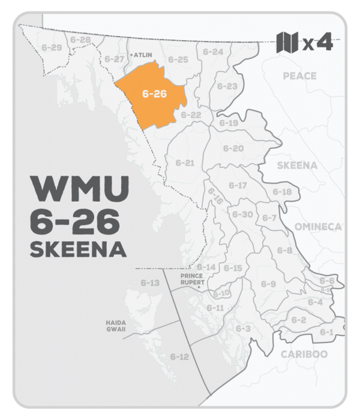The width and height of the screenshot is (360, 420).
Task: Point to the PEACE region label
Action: coord(298,76)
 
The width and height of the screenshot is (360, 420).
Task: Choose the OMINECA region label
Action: coord(317,226)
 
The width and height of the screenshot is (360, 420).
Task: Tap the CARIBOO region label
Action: coord(304,354)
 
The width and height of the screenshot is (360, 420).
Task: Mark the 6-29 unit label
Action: coord(47,46)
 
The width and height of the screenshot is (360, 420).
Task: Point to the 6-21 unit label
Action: coord(185,162)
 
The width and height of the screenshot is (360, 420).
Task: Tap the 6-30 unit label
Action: coord(242,214)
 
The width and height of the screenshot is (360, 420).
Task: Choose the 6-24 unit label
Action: coord(213,52)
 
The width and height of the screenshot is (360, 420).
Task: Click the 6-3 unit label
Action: coord(243,329)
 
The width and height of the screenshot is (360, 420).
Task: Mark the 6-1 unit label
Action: coord(326,332)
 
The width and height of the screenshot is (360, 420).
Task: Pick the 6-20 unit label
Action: coord(233,148)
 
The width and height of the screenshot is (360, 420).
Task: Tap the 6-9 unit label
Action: coord(268,283)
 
